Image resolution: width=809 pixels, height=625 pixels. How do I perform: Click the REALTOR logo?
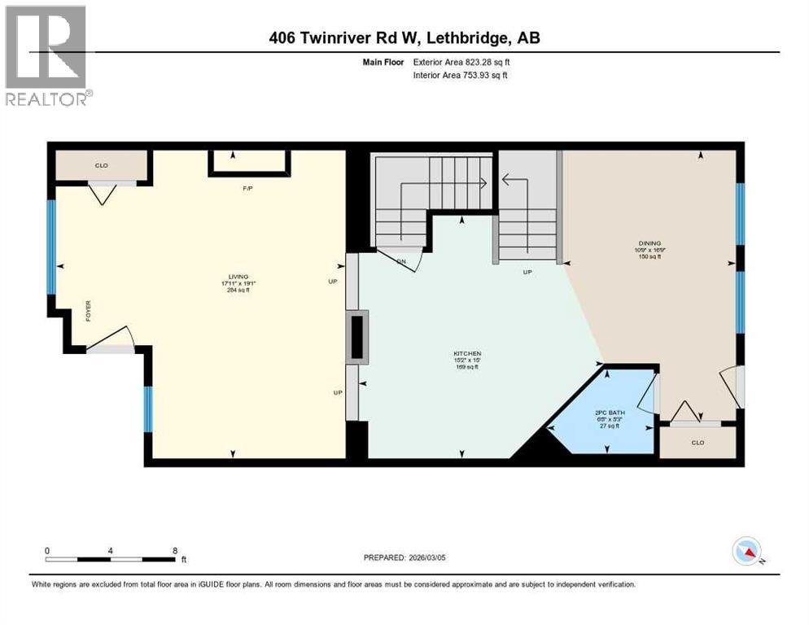tap(46, 55)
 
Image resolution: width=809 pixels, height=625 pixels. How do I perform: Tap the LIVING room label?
tap(238, 277)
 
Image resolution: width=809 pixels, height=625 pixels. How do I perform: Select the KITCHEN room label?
tap(466, 353)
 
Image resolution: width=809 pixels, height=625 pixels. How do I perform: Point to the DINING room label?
tap(649, 242)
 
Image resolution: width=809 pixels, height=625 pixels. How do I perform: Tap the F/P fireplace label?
tap(248, 188)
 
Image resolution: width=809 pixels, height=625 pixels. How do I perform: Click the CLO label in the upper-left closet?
tap(101, 165)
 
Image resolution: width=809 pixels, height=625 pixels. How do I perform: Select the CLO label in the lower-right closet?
tap(697, 443)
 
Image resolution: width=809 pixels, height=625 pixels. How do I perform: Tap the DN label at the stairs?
tap(400, 261)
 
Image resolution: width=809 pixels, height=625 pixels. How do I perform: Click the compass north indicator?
tap(746, 552)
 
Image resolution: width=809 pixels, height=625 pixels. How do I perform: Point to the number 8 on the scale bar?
tap(174, 550)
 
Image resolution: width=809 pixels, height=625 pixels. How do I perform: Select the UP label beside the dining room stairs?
tap(527, 273)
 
